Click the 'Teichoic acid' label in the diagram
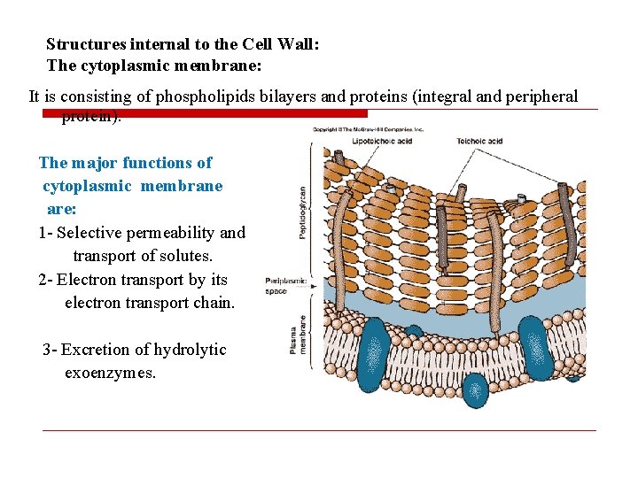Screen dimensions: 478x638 point(479,141)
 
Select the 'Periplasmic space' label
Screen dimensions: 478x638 point(285,286)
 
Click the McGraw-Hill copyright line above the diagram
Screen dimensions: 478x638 point(368,129)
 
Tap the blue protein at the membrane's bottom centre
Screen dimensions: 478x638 point(476,389)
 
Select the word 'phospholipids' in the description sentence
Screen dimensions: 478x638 point(213,96)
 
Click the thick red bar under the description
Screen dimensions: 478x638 point(205,113)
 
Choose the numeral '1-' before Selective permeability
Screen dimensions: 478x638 point(45,233)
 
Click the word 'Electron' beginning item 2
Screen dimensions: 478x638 point(86,280)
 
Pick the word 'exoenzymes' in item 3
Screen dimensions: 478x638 point(110,373)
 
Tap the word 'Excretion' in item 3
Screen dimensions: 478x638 point(93,350)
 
